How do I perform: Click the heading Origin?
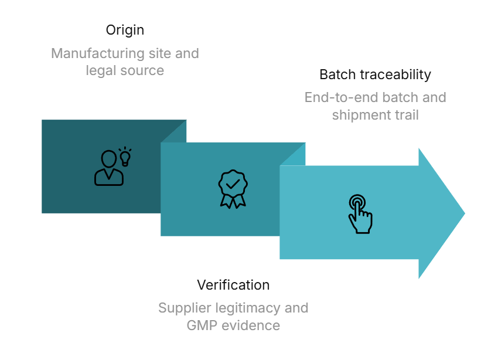pos(125,30)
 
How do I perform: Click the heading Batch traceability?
pos(375,74)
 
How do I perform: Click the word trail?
pos(405,115)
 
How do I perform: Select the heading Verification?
pos(233,285)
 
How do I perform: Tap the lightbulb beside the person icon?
pos(125,155)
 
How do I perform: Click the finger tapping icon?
pos(360,214)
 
